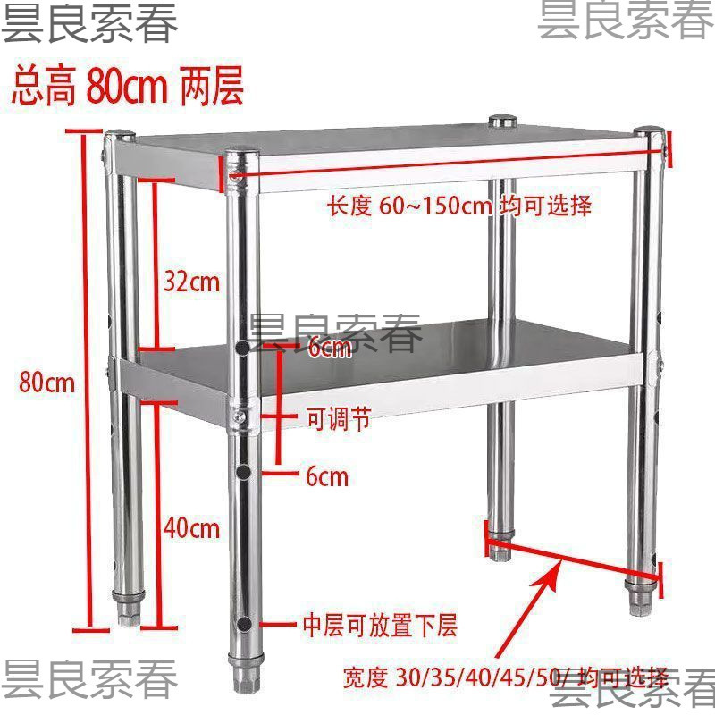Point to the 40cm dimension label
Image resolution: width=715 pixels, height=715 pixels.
pyautogui.click(x=191, y=528)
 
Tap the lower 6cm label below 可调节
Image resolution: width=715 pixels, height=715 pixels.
pyautogui.click(x=326, y=476)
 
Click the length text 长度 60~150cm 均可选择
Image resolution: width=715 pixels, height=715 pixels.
pyautogui.click(x=458, y=206)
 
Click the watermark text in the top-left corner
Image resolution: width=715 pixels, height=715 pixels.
pyautogui.click(x=89, y=24)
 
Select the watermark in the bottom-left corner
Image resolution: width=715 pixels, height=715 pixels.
pyautogui.click(x=89, y=680)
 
